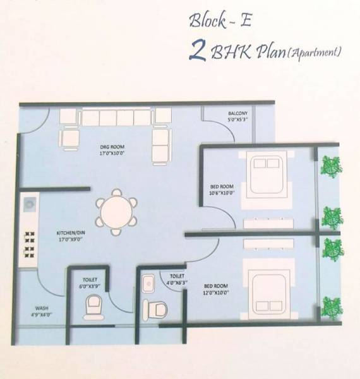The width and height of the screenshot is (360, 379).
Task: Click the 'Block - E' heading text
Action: click(x=220, y=21)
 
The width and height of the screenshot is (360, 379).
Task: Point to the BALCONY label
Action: click(x=238, y=114)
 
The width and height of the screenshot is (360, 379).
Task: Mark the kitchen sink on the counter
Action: click(x=30, y=205)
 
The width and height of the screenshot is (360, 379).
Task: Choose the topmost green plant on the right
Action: click(x=330, y=166)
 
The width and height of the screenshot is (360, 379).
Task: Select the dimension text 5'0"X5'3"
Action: click(x=238, y=121)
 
